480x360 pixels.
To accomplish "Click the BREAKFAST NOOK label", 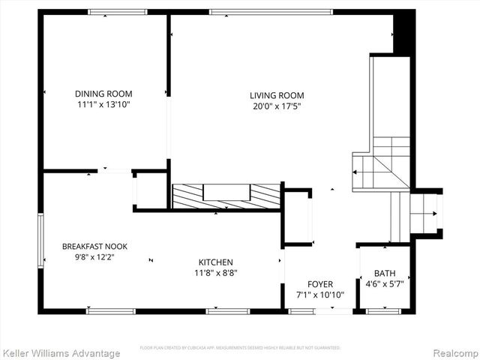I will click(94, 246).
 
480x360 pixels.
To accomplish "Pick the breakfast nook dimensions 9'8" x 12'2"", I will click(94, 256).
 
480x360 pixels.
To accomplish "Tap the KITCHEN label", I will click(215, 262).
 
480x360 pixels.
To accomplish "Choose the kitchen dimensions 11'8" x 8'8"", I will click(215, 273).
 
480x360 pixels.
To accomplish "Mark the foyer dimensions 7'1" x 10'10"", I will click(320, 295).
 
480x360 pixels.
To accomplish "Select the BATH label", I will click(384, 274).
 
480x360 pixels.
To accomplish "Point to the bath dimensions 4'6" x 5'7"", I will click(384, 284).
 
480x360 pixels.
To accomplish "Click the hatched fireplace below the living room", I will click(226, 195).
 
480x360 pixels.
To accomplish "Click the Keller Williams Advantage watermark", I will click(61, 352).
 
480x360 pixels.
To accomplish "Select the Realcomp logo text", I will click(453, 352).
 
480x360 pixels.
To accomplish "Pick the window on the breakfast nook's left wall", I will click(40, 240).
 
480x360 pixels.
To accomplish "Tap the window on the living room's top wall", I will click(271, 11).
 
